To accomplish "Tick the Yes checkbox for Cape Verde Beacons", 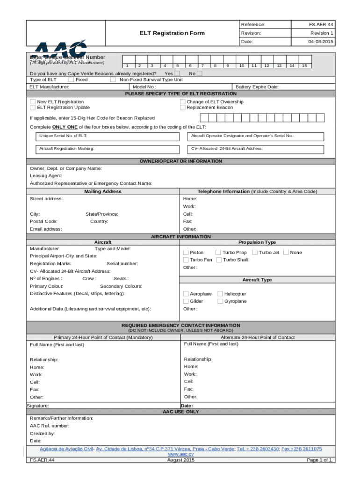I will click(x=177, y=73).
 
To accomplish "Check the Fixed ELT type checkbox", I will click(x=71, y=80).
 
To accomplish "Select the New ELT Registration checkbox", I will click(x=33, y=102).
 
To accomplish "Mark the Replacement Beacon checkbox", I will click(x=183, y=108).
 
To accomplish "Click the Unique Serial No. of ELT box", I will click(x=108, y=136).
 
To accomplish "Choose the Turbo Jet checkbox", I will click(x=255, y=253).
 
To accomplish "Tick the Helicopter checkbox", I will click(x=220, y=294).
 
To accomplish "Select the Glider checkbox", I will click(x=186, y=301).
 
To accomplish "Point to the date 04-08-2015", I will click(x=321, y=42).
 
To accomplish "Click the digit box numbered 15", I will click(x=304, y=66).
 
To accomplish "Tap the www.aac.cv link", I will click(x=180, y=454).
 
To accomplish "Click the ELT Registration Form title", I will click(x=172, y=33).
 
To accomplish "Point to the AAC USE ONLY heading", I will click(x=180, y=412).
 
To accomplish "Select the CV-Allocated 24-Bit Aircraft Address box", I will click(x=259, y=148).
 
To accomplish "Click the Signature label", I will click(x=38, y=406).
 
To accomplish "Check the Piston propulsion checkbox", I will click(x=186, y=253).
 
